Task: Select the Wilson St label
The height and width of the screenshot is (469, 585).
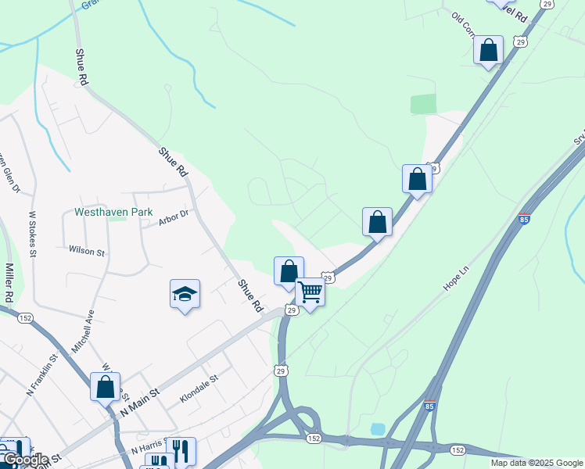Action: click(x=86, y=252)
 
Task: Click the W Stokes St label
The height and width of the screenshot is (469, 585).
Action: click(x=33, y=233)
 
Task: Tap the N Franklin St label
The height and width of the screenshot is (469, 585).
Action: click(x=42, y=375)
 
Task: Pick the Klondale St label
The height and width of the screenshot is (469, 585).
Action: click(x=199, y=388)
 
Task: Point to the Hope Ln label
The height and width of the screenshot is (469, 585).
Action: click(x=455, y=278)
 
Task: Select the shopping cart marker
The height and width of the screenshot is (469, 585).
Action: click(x=310, y=292)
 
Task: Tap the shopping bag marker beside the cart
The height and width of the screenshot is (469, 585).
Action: click(x=289, y=271)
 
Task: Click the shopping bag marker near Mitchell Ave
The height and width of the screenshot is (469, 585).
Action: click(x=105, y=386)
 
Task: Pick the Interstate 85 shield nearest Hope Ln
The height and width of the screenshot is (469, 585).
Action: click(x=524, y=218)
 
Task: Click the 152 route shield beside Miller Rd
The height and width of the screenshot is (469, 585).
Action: click(x=26, y=317)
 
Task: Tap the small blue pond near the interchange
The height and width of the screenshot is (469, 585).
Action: click(x=378, y=429)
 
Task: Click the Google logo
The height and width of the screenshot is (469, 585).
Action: click(x=25, y=460)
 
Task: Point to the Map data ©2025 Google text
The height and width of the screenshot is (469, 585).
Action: click(x=537, y=463)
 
